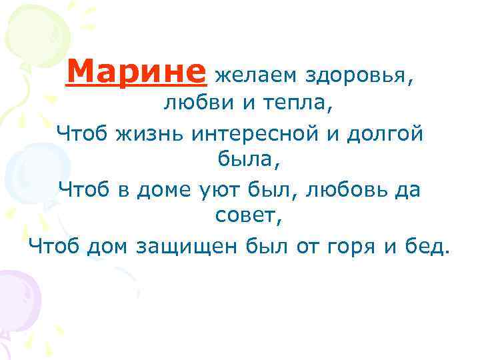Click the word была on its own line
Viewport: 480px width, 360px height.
[239, 161]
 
